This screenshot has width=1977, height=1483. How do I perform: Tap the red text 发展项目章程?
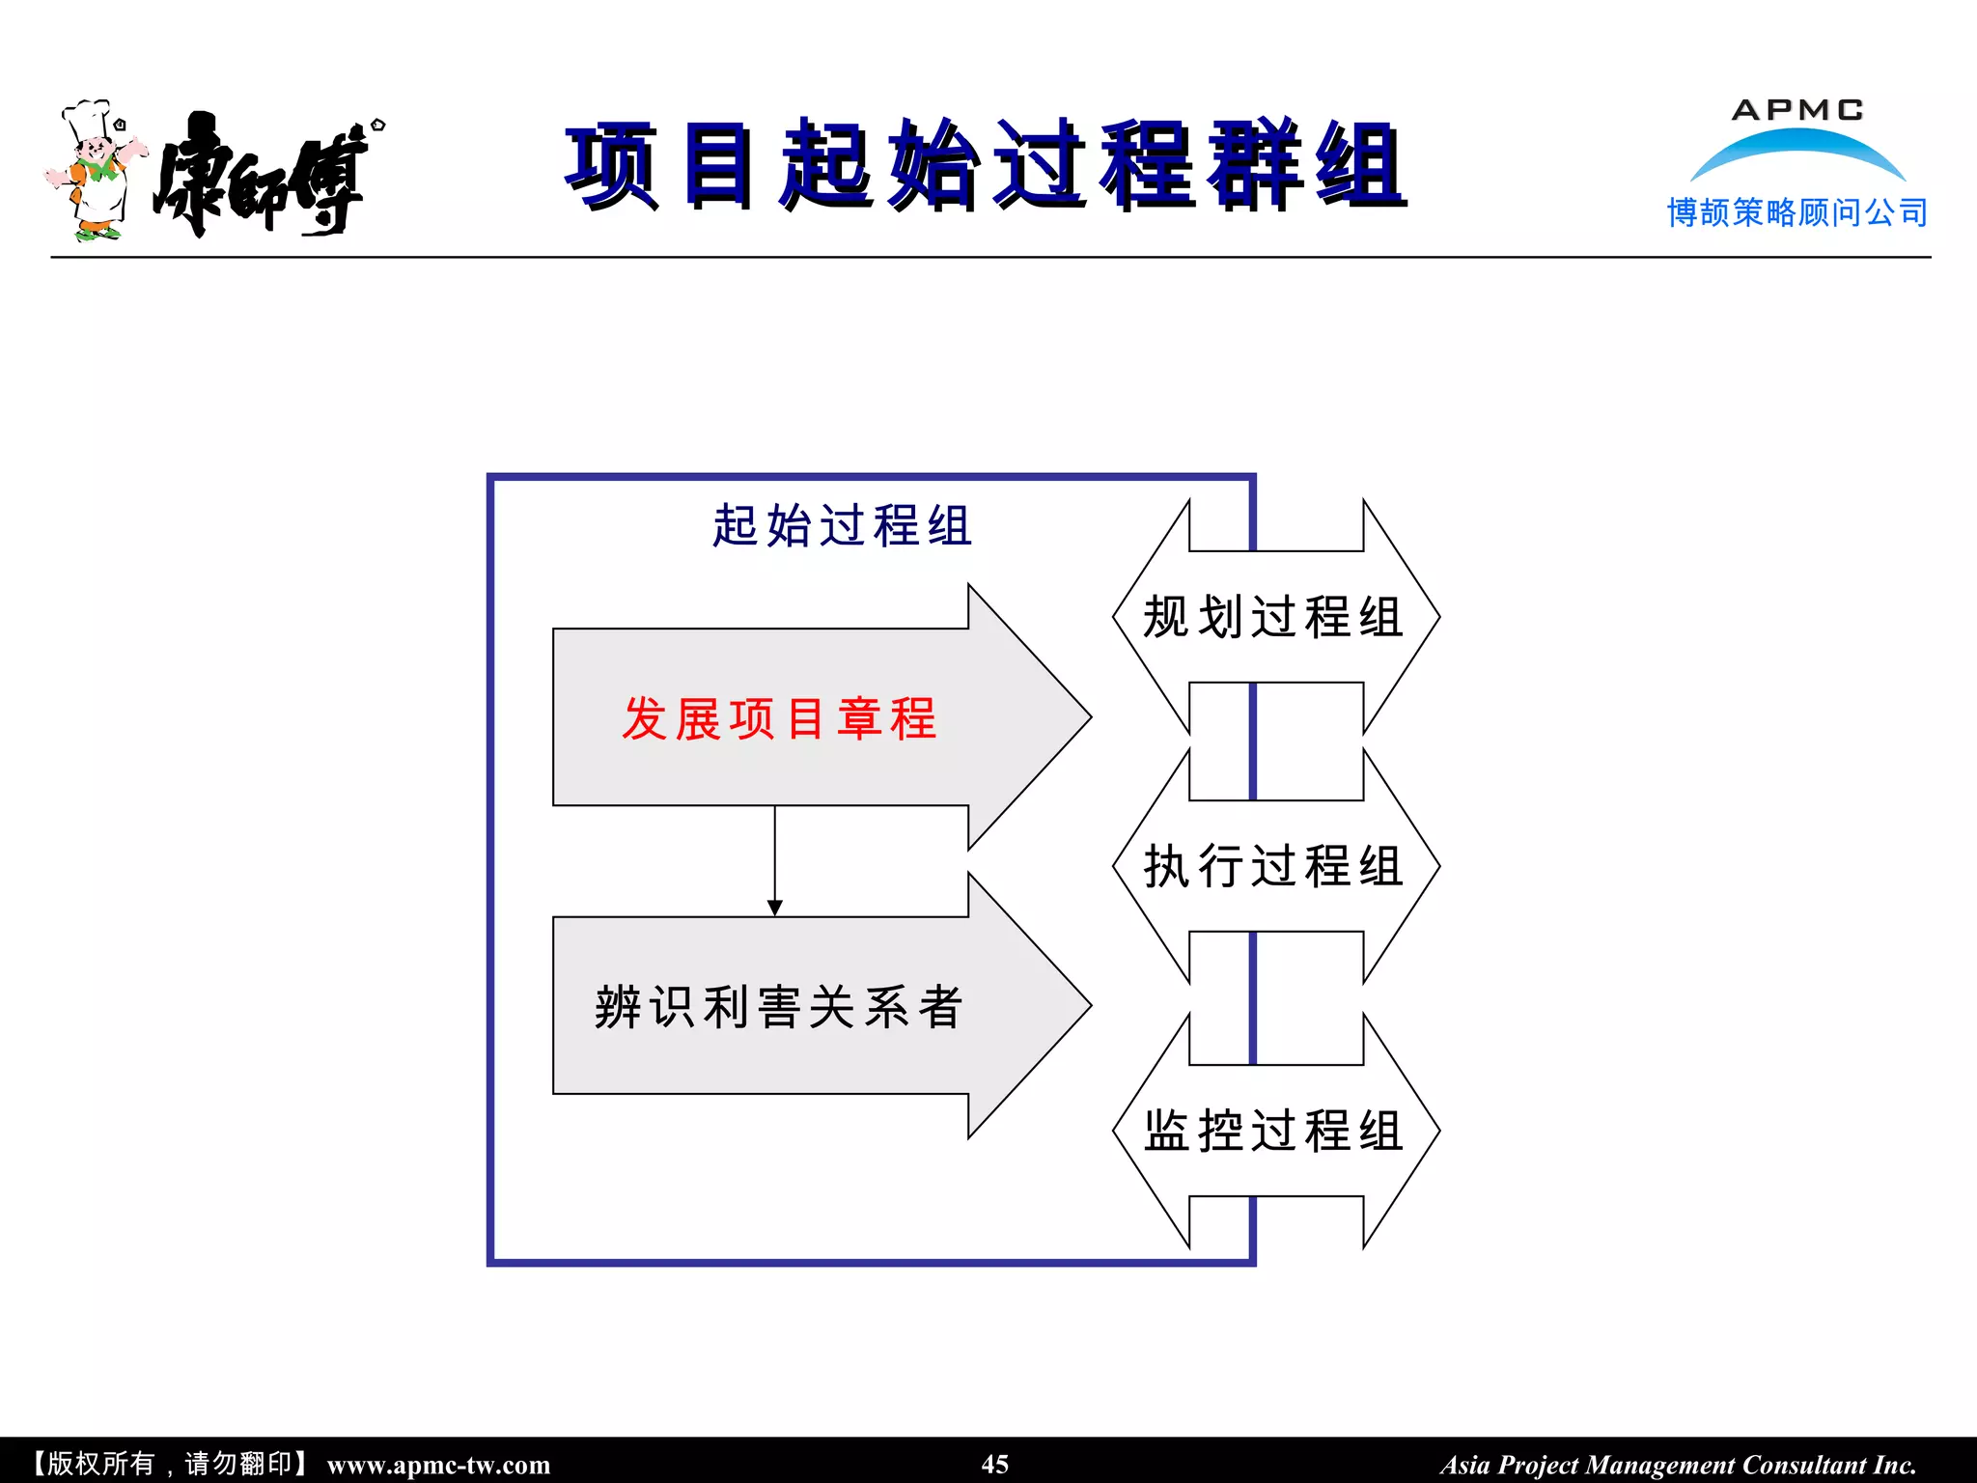[x=778, y=719]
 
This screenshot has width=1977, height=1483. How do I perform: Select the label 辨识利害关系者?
[x=778, y=1008]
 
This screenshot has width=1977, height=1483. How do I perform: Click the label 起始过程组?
[x=842, y=527]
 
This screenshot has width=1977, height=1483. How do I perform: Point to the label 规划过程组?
[x=1272, y=618]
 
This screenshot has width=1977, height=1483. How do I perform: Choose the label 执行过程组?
[x=1272, y=866]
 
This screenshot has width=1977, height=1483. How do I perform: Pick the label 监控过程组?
[x=1272, y=1131]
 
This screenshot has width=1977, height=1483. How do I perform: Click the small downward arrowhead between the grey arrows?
[x=774, y=908]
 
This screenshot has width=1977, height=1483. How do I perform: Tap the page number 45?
[x=994, y=1464]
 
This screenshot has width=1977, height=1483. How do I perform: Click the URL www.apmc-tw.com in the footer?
[x=438, y=1465]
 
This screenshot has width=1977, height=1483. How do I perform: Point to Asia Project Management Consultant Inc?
[x=1678, y=1465]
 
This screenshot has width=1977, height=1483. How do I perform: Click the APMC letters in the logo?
[x=1797, y=110]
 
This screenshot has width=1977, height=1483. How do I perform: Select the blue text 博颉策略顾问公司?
[x=1797, y=212]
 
